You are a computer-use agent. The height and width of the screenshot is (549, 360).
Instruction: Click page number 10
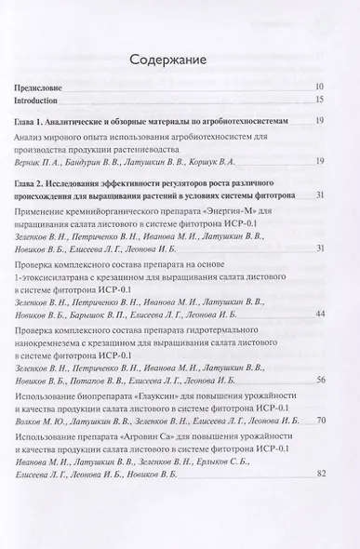(318, 86)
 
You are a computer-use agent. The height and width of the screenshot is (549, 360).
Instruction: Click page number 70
(318, 453)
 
